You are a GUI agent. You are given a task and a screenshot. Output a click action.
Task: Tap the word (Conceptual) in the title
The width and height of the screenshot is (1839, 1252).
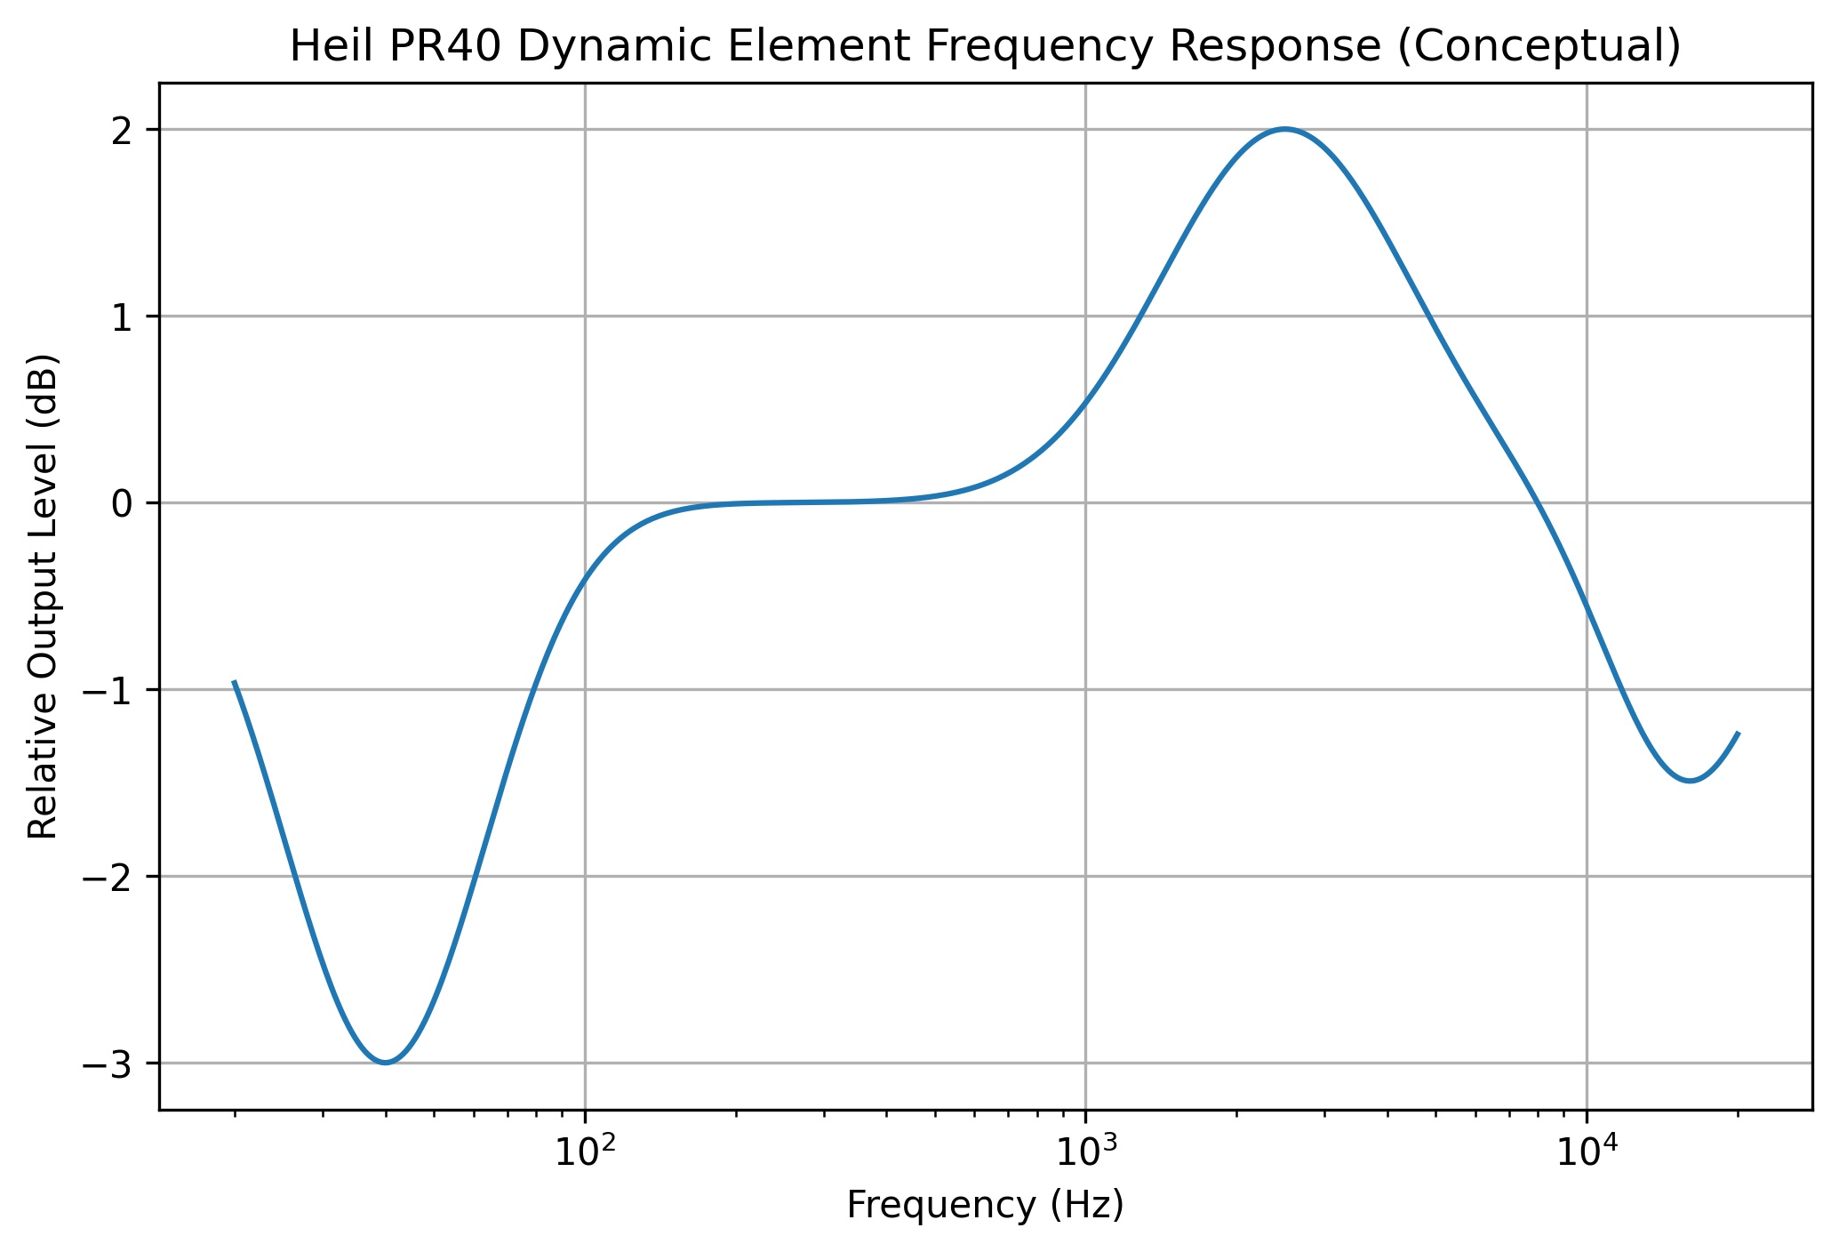point(1539,47)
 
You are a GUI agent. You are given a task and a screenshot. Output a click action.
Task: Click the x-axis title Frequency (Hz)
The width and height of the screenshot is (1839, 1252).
point(985,1206)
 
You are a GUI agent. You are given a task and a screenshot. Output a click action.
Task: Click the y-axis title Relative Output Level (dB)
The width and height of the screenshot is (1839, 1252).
point(43,597)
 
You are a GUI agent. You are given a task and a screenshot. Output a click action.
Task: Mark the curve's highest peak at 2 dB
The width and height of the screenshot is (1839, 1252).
point(1284,129)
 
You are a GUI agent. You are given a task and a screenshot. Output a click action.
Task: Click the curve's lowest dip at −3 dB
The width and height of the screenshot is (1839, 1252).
point(386,1063)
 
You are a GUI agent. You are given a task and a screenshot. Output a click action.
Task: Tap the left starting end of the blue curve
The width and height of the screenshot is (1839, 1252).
point(234,681)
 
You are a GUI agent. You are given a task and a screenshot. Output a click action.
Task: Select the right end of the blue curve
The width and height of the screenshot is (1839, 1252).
point(1738,733)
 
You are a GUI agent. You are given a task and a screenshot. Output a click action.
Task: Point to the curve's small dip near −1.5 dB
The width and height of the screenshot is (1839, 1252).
point(1689,781)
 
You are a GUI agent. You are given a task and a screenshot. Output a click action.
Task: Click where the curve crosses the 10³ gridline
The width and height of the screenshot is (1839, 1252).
point(1085,402)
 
